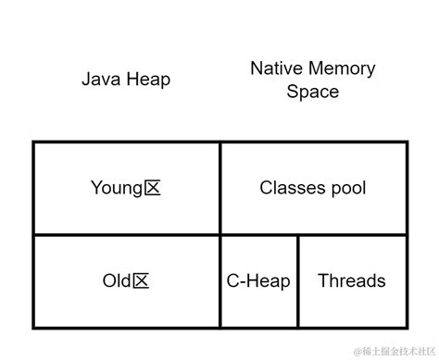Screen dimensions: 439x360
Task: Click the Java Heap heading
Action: click(x=126, y=80)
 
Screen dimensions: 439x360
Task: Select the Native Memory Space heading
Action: click(x=312, y=80)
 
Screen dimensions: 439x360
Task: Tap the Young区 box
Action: click(x=126, y=188)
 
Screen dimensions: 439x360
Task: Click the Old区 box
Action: click(x=126, y=281)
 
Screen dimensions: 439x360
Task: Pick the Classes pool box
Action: click(x=313, y=188)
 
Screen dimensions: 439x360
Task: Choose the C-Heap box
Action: click(x=258, y=281)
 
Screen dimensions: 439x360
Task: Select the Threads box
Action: click(x=352, y=281)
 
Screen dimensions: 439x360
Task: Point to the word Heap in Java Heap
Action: click(x=148, y=80)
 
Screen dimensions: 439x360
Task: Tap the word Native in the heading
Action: click(x=275, y=68)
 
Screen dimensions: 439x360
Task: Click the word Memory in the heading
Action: click(x=343, y=68)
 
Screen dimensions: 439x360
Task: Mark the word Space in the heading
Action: click(x=312, y=92)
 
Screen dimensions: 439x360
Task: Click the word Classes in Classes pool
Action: click(x=291, y=188)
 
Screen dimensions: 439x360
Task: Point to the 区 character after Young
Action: click(x=153, y=188)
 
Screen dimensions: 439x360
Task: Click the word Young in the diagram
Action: click(x=117, y=188)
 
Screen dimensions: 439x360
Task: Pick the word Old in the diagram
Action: click(x=117, y=281)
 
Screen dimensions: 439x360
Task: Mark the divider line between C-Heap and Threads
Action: click(x=298, y=281)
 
